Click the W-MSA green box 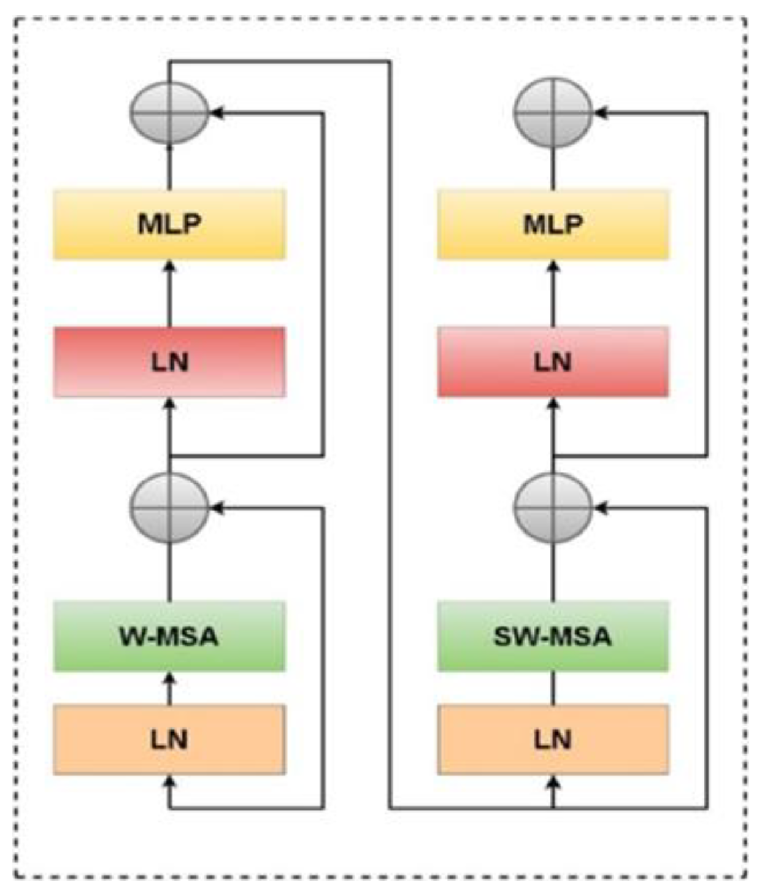(x=169, y=636)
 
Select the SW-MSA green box (x=553, y=636)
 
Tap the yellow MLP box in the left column (x=169, y=224)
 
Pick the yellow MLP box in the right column (x=553, y=224)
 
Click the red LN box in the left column (x=169, y=362)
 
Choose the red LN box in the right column (x=553, y=362)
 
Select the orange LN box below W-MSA (x=169, y=740)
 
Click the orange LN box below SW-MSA (x=553, y=740)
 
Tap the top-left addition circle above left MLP (x=169, y=113)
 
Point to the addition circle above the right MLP (x=553, y=113)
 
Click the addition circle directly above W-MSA (x=169, y=508)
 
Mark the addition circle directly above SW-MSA (x=553, y=508)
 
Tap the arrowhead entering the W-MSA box (x=170, y=678)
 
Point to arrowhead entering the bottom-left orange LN (x=170, y=781)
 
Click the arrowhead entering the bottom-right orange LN (x=553, y=781)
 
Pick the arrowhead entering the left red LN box (x=170, y=404)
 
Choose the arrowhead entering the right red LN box (x=553, y=404)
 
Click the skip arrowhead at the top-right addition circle (x=600, y=113)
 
